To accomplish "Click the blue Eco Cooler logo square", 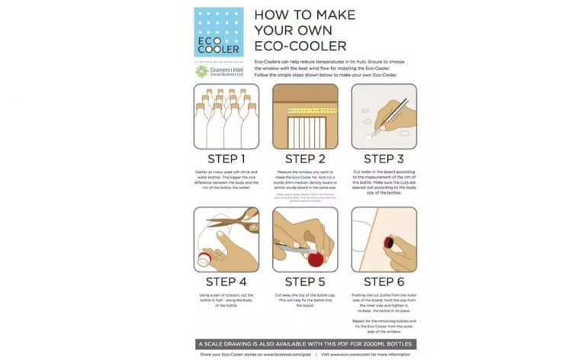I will pyautogui.click(x=218, y=31).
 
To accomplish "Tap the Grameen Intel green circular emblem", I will pyautogui.click(x=201, y=71).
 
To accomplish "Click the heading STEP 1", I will pyautogui.click(x=226, y=159).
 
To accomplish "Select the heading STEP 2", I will pyautogui.click(x=305, y=159).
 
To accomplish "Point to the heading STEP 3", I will pyautogui.click(x=384, y=159).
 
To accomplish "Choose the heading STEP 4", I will pyautogui.click(x=226, y=281).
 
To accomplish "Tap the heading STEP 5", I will pyautogui.click(x=305, y=281).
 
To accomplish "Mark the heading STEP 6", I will pyautogui.click(x=384, y=281).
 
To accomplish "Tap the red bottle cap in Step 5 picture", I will pyautogui.click(x=315, y=259).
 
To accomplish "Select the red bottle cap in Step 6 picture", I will pyautogui.click(x=389, y=243).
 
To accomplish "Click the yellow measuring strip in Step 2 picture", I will pyautogui.click(x=305, y=111).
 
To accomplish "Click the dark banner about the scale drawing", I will pyautogui.click(x=305, y=343).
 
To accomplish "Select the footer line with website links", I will pyautogui.click(x=305, y=355).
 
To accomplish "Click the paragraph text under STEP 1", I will pyautogui.click(x=226, y=181).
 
